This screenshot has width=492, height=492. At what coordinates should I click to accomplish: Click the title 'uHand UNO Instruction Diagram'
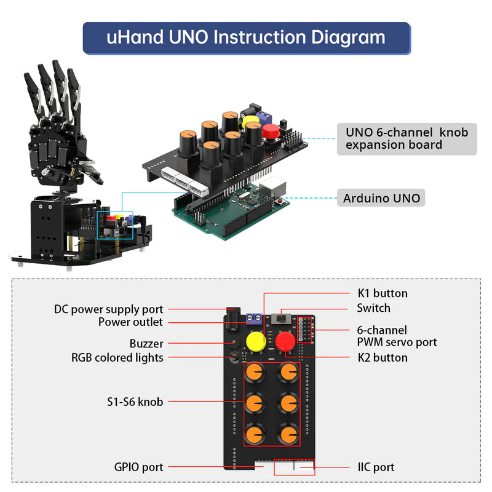point(246,37)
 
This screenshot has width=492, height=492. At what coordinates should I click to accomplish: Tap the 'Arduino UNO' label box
point(381,199)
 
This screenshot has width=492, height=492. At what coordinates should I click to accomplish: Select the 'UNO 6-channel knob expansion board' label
point(407,139)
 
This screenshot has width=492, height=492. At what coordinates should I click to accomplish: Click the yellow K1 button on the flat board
point(256,342)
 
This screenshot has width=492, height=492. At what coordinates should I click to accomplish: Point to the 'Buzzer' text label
point(146,344)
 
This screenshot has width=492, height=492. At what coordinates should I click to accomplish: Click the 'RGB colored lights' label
point(117,357)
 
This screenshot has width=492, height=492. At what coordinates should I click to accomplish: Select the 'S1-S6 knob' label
point(134,402)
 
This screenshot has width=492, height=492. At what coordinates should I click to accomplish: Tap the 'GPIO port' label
point(138,467)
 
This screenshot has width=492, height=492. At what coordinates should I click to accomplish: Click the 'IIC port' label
point(376,467)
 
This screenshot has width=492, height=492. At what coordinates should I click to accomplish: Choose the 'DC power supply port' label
point(109,309)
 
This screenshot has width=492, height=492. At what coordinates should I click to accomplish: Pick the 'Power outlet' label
point(130,322)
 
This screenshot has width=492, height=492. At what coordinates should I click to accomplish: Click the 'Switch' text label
point(373,308)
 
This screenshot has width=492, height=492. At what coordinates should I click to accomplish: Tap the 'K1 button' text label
point(382,293)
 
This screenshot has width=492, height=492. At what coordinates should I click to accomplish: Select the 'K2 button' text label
point(382,357)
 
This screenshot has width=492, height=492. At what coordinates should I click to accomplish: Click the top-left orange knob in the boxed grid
point(255,373)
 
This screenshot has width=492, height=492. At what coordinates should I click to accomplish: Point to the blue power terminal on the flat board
point(253,319)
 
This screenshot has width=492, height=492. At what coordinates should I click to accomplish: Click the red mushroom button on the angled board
point(270,130)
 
